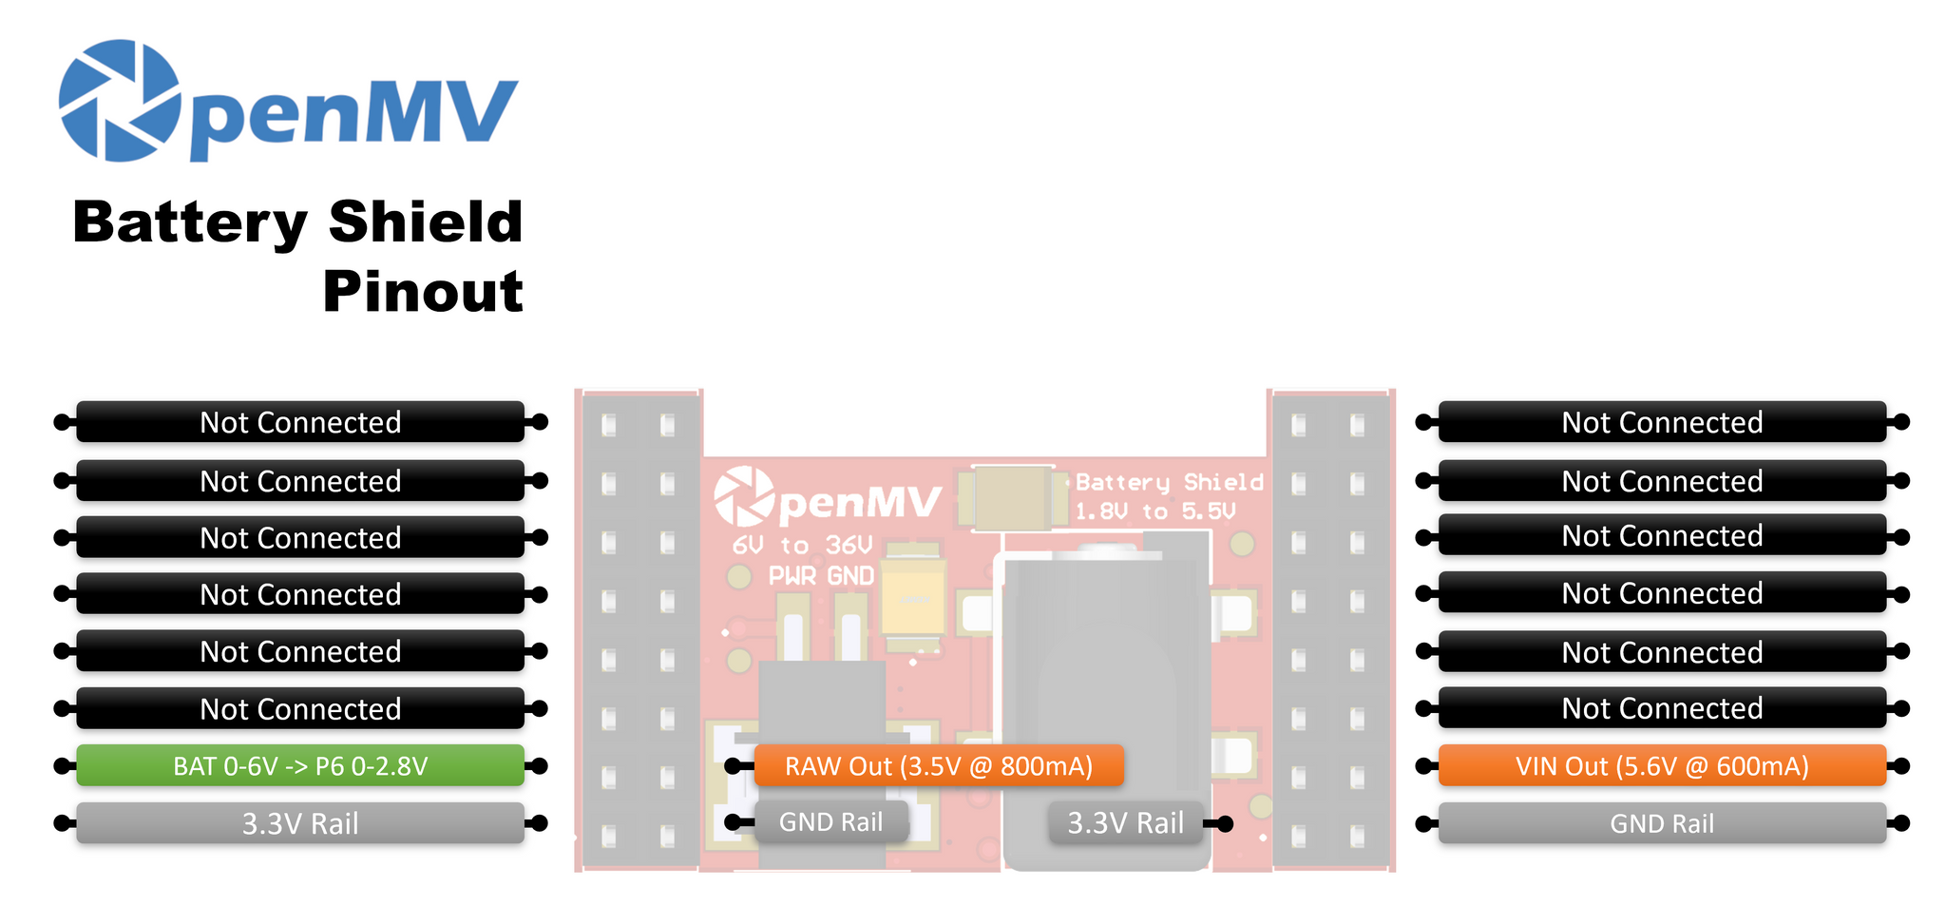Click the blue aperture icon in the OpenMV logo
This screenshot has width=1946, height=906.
120,101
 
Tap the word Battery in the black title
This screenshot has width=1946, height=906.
190,222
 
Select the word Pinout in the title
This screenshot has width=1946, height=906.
423,291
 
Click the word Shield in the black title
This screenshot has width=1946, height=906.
426,222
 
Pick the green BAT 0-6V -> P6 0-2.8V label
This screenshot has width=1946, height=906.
300,766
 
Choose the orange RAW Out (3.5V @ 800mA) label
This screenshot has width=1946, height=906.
939,766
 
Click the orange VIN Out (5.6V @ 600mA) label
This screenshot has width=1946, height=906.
1662,766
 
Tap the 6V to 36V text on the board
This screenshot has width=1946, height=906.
802,546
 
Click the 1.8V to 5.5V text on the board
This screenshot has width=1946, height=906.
1155,512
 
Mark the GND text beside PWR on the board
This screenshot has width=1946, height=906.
850,576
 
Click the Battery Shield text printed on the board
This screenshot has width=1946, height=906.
1170,483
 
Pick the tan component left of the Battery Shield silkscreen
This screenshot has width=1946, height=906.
1013,497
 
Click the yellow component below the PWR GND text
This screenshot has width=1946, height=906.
913,600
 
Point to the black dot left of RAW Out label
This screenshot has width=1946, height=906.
733,766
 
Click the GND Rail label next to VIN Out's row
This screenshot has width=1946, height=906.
1662,823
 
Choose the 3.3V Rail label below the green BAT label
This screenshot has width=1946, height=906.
300,823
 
